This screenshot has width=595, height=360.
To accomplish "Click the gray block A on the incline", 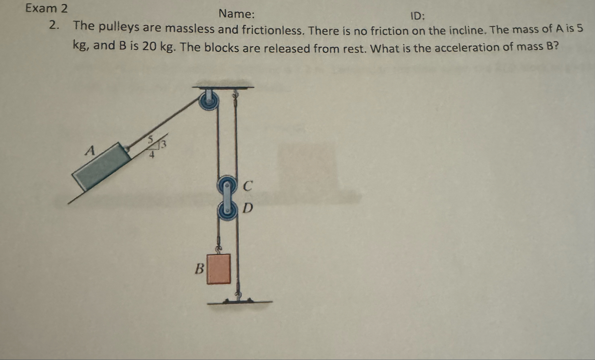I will point(102,165).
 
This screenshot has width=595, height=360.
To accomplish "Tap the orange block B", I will point(218,269).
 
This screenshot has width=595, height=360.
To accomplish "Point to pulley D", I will point(227,210).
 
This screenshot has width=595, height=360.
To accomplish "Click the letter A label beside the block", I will point(90,151).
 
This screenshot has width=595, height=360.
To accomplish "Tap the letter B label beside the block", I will point(199,269).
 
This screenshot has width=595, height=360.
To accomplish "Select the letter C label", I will point(248,186).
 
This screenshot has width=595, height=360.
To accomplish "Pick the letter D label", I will point(248,208).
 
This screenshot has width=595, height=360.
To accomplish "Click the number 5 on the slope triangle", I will point(150,138).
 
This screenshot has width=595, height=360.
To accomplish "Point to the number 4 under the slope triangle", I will point(152,155).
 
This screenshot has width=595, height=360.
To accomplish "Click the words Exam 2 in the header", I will point(46,8).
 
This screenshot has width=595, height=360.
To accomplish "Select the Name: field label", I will point(236,14).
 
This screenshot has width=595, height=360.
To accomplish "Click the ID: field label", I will point(418,16).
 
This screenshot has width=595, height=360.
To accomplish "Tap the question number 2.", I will point(53,26).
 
